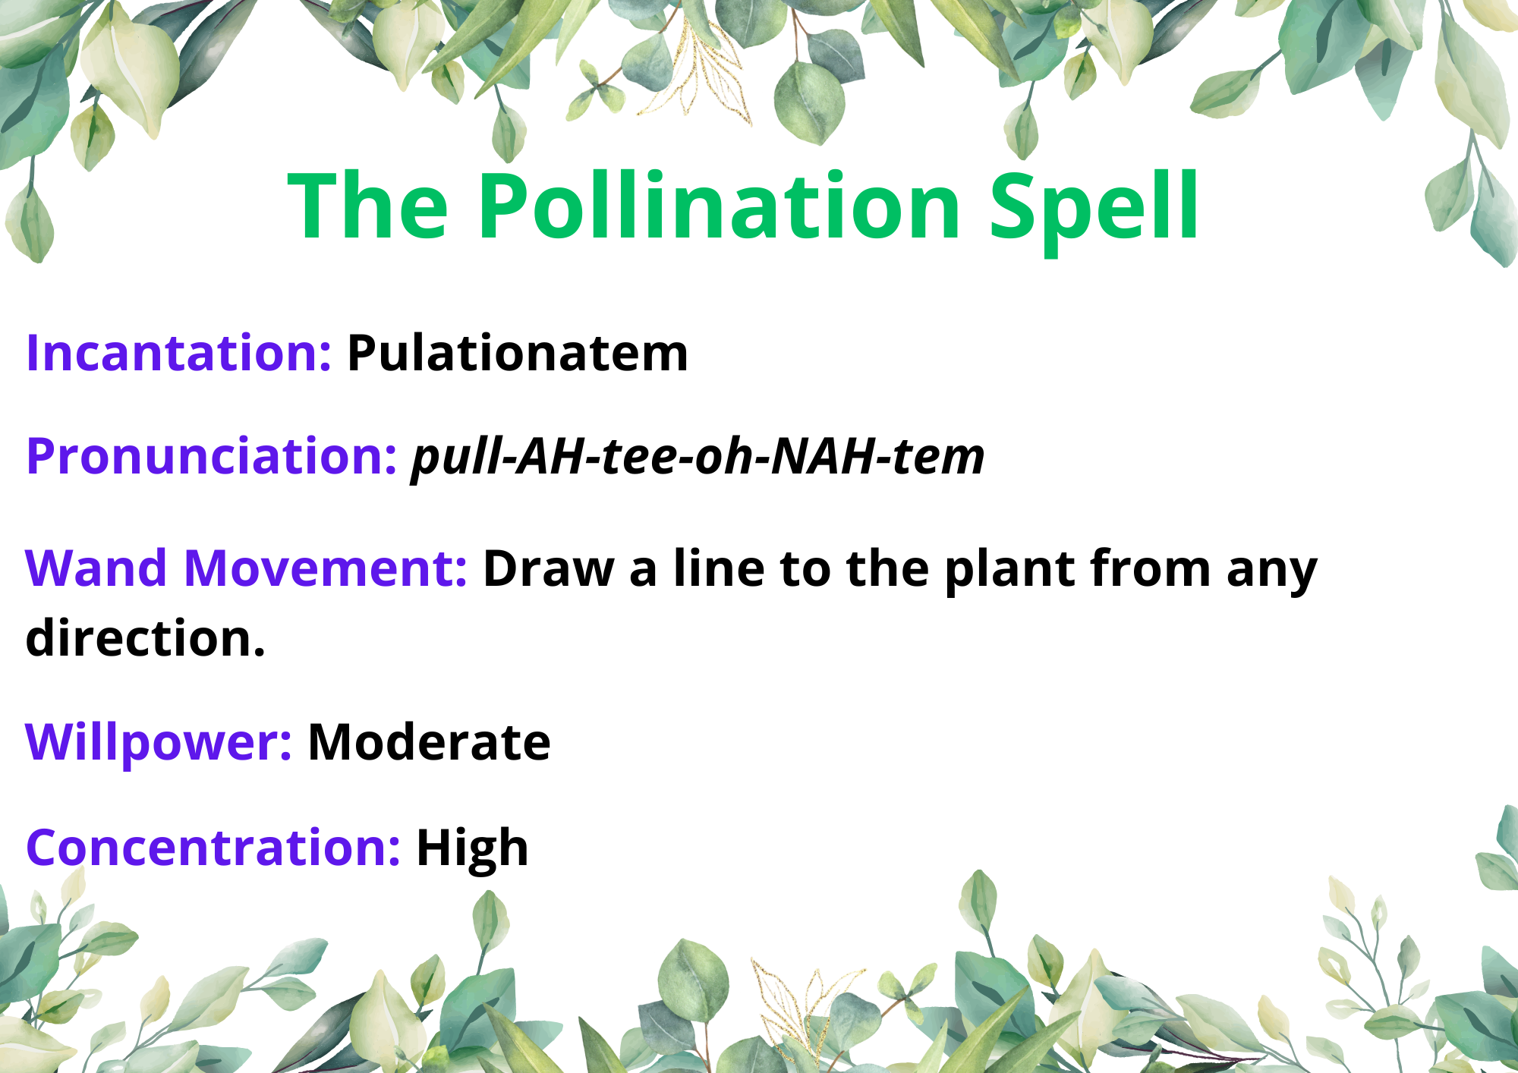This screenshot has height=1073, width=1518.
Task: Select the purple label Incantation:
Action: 179,353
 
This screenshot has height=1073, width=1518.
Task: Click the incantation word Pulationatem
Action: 518,353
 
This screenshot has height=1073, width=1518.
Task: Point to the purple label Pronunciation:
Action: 212,457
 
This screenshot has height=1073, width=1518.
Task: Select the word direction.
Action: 146,637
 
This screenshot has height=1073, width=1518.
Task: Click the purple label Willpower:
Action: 159,742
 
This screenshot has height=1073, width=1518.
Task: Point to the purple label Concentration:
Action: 213,847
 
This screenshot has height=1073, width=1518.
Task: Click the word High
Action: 472,848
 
